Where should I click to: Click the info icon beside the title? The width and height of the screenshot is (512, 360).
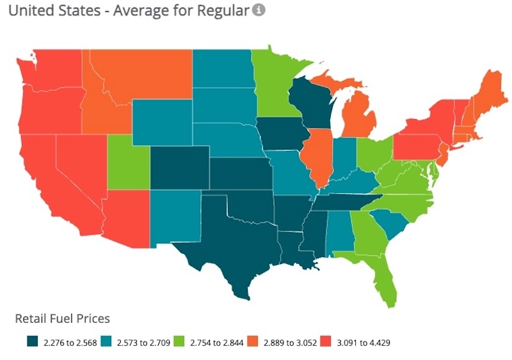coord(258,10)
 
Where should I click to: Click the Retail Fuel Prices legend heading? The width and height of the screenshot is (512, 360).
coord(62,318)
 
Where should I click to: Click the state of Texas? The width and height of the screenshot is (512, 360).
coord(237,243)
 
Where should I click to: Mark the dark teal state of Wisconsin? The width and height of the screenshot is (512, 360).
coord(307,102)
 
